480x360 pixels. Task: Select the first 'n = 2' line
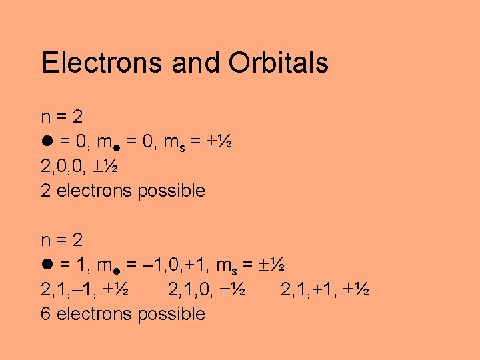point(62,117)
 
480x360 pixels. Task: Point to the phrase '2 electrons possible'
point(123,191)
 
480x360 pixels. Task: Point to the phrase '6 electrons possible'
point(123,314)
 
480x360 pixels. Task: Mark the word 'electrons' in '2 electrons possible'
point(95,191)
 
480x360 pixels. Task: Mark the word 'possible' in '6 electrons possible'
point(171,314)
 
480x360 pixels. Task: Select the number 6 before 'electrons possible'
point(45,314)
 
